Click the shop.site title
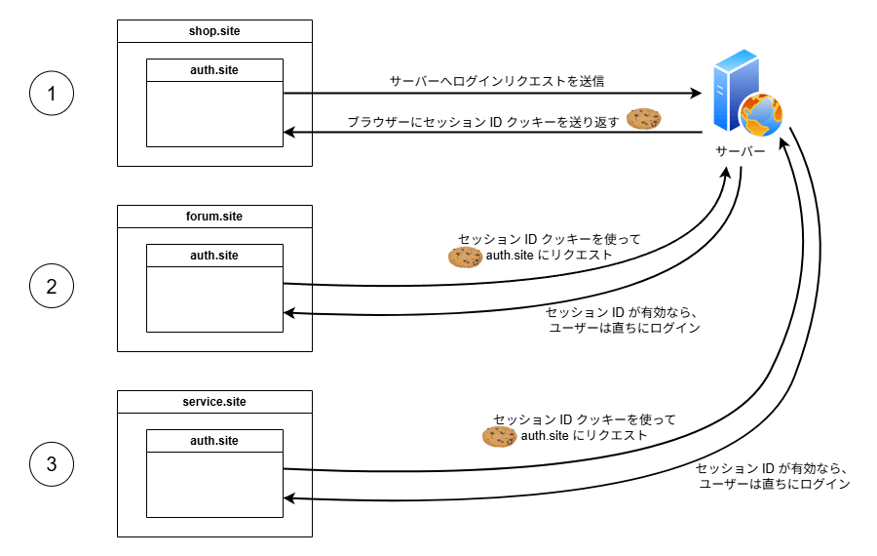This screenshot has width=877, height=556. (214, 31)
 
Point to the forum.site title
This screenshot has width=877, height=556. (214, 217)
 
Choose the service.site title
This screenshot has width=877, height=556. (214, 402)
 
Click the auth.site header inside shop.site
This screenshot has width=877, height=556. (214, 70)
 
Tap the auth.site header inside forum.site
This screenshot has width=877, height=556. (214, 256)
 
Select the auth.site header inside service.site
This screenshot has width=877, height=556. (214, 441)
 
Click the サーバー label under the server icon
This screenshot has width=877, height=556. (741, 152)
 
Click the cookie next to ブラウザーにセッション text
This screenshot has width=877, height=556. (643, 119)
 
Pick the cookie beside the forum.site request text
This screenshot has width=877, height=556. (465, 257)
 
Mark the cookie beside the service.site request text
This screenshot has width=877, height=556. (499, 437)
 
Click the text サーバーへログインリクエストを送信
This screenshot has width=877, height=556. (497, 81)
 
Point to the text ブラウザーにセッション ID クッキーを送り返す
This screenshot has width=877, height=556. (483, 122)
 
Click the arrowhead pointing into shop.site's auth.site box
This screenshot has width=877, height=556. (288, 132)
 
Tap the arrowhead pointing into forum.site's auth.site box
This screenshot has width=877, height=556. (288, 313)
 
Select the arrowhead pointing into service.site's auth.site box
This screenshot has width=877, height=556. (288, 498)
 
